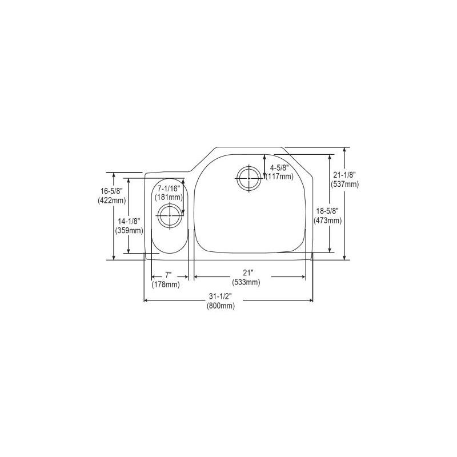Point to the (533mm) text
coord(246,282)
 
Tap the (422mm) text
coord(111,201)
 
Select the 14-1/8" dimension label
coord(129,222)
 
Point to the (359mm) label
coord(129,230)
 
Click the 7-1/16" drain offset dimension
coord(168,189)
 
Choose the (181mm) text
coord(168,197)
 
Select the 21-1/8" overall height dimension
coord(344,175)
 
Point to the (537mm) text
coord(344,184)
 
